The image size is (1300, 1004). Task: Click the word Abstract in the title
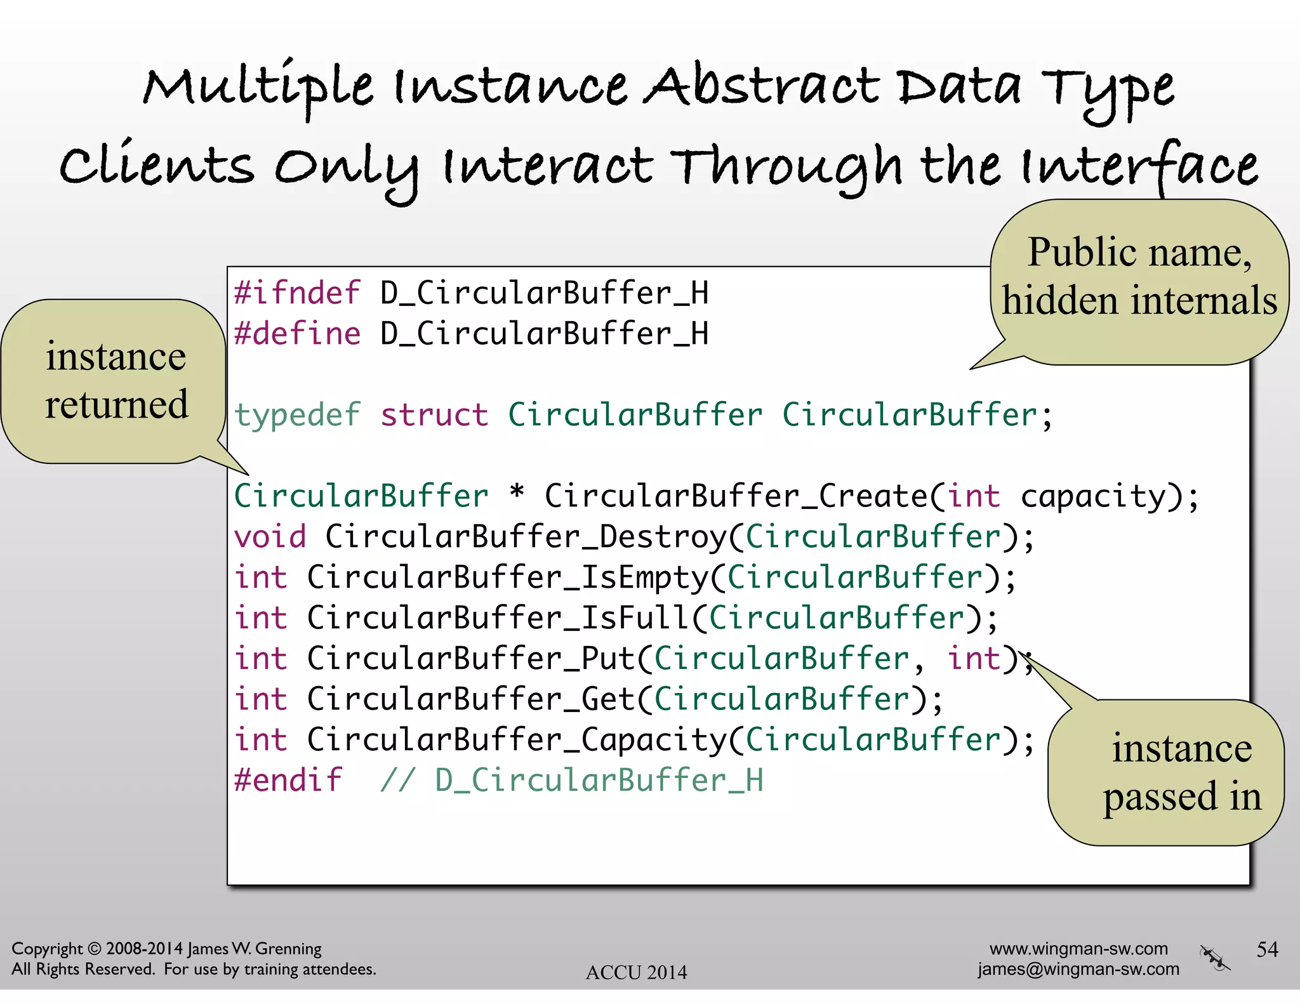click(762, 88)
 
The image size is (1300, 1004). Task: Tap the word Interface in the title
click(1139, 166)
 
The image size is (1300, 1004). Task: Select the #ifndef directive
click(297, 293)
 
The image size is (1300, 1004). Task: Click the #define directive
click(297, 334)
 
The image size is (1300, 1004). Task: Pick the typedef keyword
click(297, 416)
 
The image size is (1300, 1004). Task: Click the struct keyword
click(434, 416)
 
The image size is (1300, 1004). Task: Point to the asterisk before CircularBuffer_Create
click(517, 493)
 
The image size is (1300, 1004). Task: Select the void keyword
click(270, 538)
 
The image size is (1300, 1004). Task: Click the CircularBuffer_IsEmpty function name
click(508, 578)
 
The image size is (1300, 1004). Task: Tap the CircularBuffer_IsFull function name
click(498, 619)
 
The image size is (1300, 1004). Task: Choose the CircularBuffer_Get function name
click(471, 700)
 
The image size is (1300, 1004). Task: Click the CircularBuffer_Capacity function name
click(517, 741)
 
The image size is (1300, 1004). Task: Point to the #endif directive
click(288, 781)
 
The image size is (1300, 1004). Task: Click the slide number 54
click(1267, 949)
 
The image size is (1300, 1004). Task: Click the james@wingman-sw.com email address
click(1078, 969)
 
